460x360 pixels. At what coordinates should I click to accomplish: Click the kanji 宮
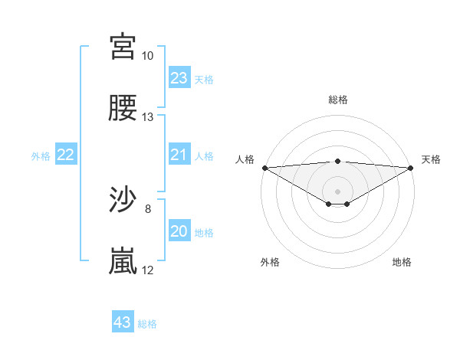(123, 47)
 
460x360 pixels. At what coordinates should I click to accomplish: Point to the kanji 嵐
(123, 261)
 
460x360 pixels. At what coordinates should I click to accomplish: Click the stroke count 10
(148, 56)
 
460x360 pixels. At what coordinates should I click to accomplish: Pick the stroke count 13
(148, 117)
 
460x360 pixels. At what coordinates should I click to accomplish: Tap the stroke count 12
(148, 270)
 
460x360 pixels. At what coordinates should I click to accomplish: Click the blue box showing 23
(179, 78)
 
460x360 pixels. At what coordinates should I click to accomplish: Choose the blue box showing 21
(179, 155)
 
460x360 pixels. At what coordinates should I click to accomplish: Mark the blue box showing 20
(179, 231)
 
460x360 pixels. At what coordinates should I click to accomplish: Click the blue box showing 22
(66, 155)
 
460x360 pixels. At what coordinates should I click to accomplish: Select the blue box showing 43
(123, 322)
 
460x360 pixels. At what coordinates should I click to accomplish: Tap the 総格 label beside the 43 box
(147, 324)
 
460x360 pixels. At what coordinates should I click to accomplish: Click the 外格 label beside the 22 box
(41, 156)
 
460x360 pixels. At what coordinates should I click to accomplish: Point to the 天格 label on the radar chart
(432, 159)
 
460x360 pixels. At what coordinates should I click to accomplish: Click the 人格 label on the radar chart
(244, 159)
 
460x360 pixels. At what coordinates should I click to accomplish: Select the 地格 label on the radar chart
(402, 263)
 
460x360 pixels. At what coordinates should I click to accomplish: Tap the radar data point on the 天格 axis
(411, 168)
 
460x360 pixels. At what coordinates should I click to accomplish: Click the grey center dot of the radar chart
(337, 191)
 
